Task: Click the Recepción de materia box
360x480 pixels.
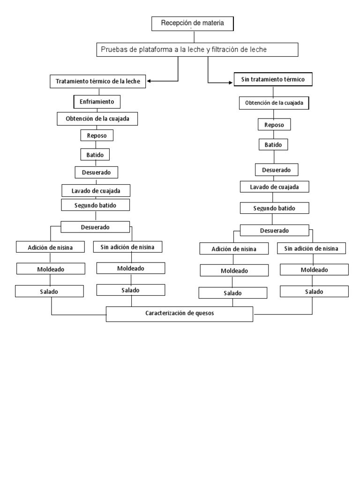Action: [193, 23]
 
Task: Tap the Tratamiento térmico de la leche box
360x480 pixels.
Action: [97, 82]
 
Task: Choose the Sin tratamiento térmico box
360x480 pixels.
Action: [273, 79]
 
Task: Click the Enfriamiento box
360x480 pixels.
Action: [97, 102]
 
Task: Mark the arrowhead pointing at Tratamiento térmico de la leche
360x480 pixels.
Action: [149, 81]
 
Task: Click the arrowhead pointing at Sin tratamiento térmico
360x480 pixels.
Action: [231, 82]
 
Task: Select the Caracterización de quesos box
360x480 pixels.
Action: [180, 314]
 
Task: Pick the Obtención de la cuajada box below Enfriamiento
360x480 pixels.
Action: [97, 119]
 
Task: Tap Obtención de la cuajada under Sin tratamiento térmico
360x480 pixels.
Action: [274, 103]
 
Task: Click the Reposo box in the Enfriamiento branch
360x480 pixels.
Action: [97, 135]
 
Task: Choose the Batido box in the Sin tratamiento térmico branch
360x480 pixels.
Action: [273, 144]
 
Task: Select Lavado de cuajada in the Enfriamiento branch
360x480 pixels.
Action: [96, 190]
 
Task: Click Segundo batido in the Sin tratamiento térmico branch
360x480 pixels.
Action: [274, 208]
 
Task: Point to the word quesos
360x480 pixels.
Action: [205, 313]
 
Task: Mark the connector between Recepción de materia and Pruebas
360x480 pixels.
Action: [194, 37]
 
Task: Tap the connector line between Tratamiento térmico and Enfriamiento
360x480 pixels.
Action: [99, 91]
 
